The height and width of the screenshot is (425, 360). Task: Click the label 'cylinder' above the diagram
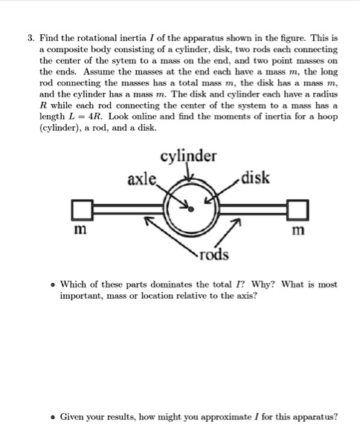[x=188, y=155]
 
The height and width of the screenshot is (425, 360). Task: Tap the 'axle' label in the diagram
[x=143, y=179]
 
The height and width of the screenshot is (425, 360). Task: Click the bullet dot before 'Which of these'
[x=51, y=285]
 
